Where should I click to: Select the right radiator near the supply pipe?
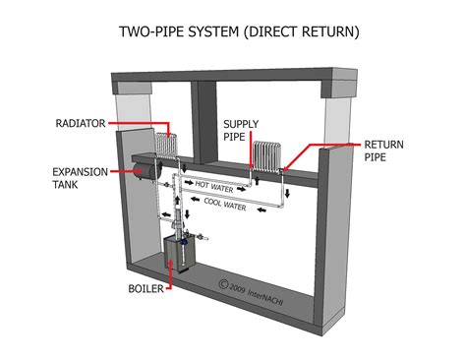(266, 154)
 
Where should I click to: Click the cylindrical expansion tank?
(147, 172)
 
